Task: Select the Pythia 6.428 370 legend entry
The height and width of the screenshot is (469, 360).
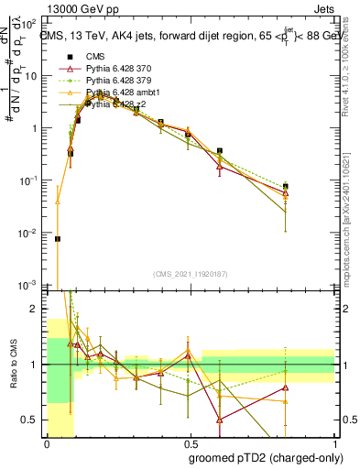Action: tap(118, 67)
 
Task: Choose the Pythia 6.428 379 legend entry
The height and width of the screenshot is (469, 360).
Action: tap(118, 80)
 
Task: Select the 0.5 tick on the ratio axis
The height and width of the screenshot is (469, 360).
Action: tap(32, 420)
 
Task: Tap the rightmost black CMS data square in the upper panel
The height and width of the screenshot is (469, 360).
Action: tap(286, 186)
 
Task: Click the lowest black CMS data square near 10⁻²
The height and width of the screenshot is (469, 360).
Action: tap(58, 239)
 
